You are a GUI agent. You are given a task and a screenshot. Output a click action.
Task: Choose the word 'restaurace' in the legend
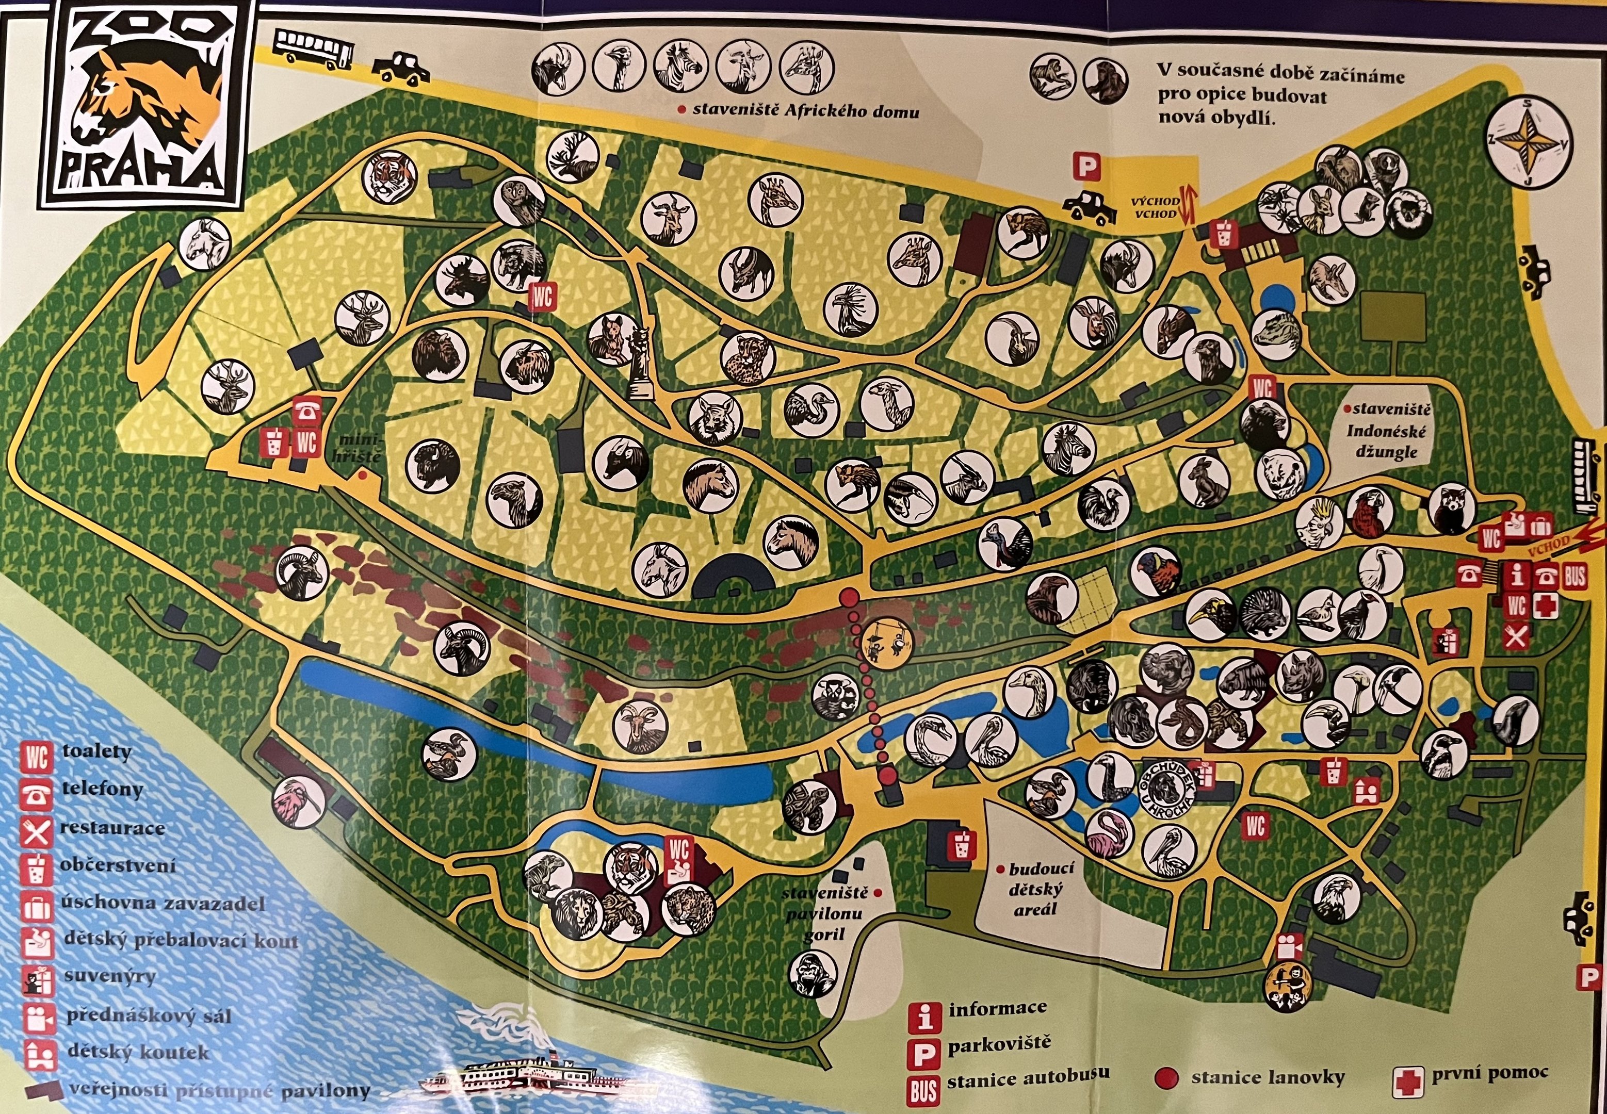[112, 828]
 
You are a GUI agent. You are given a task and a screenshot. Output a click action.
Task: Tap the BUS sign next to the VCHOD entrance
[1574, 577]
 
